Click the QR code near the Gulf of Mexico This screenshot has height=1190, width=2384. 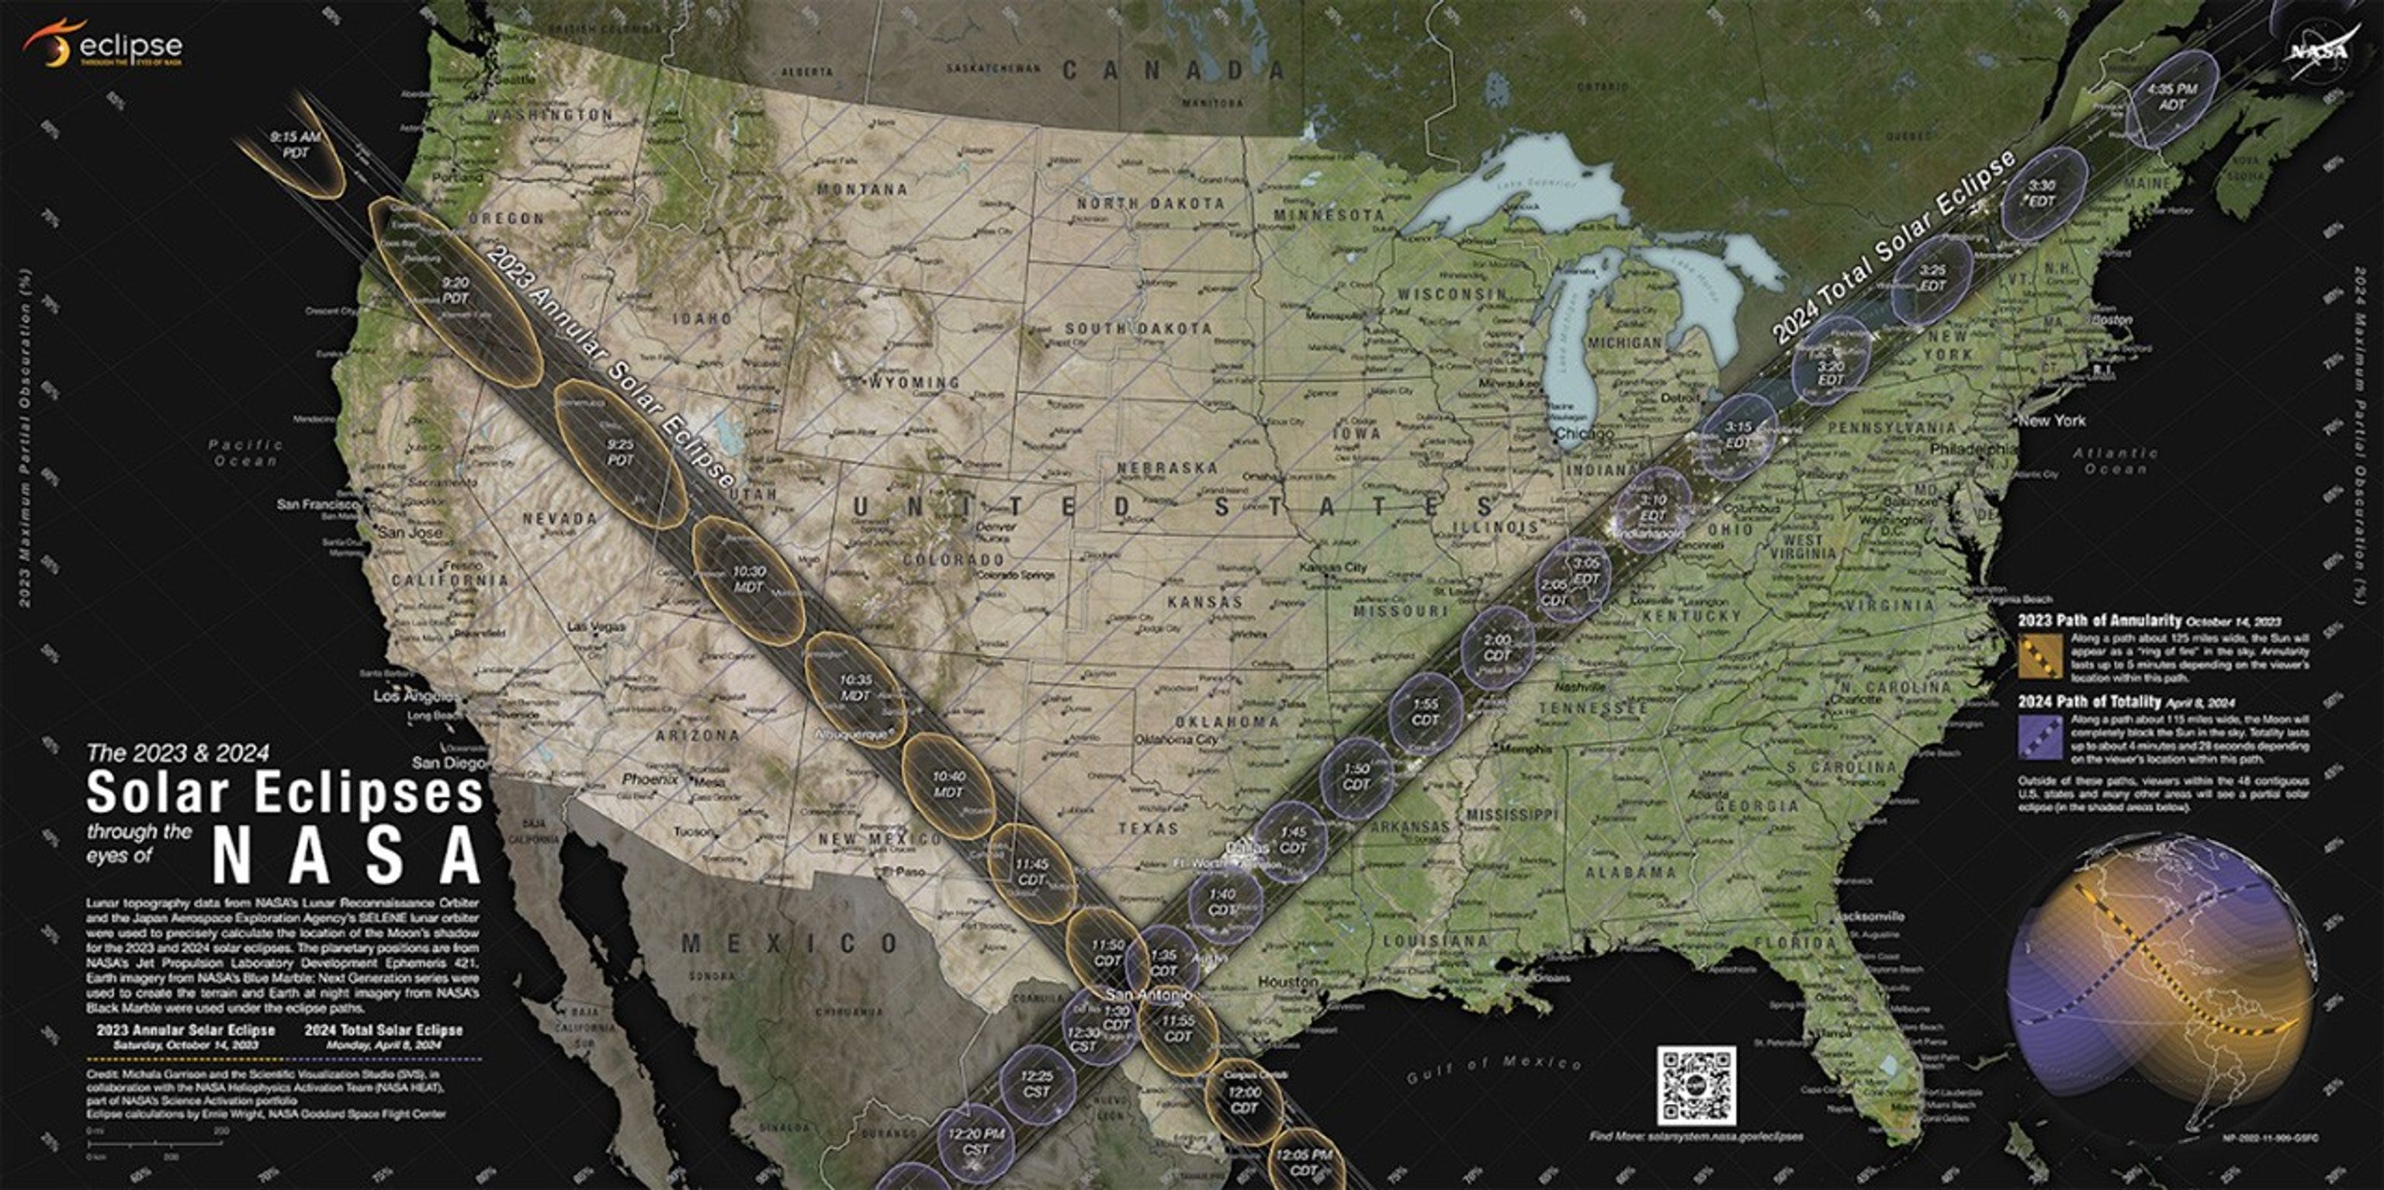[x=1696, y=1085]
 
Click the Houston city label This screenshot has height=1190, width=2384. [x=1287, y=981]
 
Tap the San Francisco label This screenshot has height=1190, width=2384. [x=317, y=504]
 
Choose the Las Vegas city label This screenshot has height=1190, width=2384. [x=595, y=627]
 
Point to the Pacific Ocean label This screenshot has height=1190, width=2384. [x=245, y=452]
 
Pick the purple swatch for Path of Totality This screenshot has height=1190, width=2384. [x=2039, y=735]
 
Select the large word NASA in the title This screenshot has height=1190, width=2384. [x=347, y=855]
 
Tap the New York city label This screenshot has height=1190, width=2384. [x=2052, y=420]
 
